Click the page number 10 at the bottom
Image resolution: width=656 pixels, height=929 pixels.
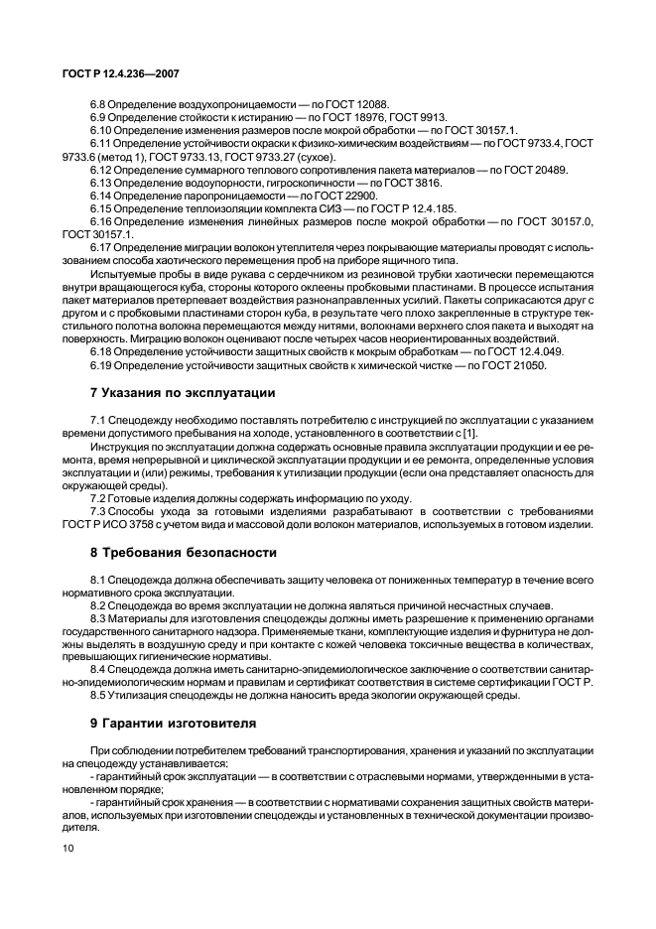point(68,848)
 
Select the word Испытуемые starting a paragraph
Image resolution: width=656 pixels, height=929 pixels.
point(120,274)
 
